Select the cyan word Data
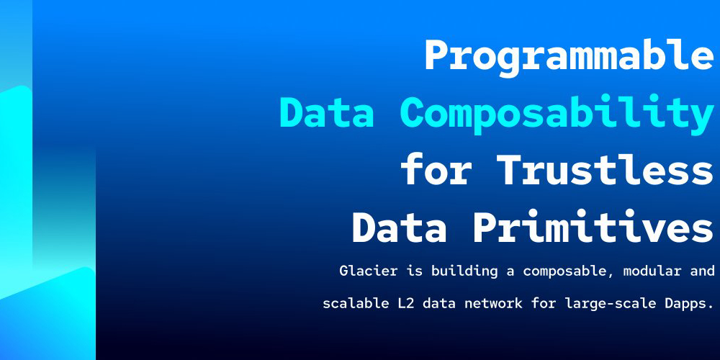(x=326, y=113)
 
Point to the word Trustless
(x=606, y=169)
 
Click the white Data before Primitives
(x=399, y=227)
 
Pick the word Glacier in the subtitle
(x=368, y=271)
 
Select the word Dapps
(x=685, y=304)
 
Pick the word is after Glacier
(x=414, y=271)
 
